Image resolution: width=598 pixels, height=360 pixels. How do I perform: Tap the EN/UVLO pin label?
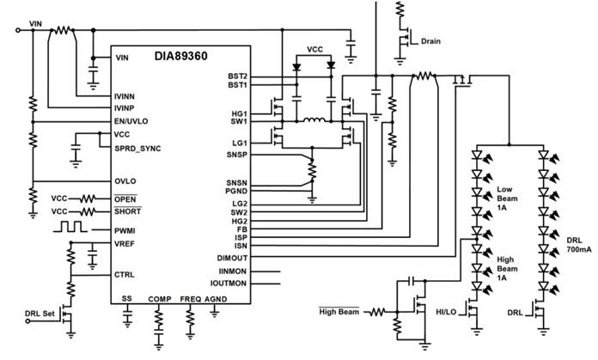pyautogui.click(x=132, y=121)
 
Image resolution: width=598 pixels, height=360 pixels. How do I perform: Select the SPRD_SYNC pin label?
pyautogui.click(x=137, y=148)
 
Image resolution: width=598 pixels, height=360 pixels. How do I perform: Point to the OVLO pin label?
pyautogui.click(x=125, y=180)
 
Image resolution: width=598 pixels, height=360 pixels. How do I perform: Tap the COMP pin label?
pyautogui.click(x=160, y=298)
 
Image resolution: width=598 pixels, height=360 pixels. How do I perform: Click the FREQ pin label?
pyautogui.click(x=191, y=298)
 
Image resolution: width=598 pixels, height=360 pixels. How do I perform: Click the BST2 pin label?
pyautogui.click(x=236, y=76)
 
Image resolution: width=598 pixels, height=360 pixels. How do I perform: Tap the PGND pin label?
pyautogui.click(x=235, y=192)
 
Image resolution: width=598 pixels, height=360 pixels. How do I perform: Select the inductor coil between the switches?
pyautogui.click(x=315, y=120)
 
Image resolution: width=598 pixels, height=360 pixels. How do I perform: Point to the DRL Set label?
pyautogui.click(x=40, y=314)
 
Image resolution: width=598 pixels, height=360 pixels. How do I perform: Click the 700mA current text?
pyautogui.click(x=577, y=249)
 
